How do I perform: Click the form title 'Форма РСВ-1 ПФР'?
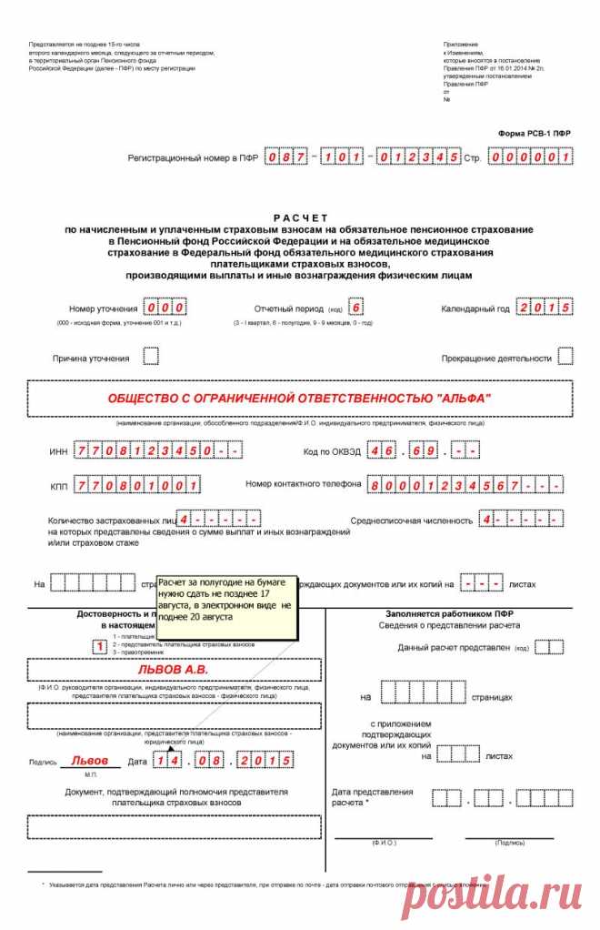click(534, 133)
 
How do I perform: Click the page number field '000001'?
click(529, 157)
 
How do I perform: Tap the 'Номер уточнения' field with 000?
click(165, 308)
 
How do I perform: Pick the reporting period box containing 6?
click(355, 308)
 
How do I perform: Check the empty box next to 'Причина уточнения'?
click(151, 356)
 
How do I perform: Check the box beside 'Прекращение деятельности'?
click(565, 356)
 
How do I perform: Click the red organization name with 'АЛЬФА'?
click(299, 399)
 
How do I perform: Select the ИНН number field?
click(158, 451)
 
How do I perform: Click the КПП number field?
click(138, 484)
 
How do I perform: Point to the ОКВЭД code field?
click(423, 451)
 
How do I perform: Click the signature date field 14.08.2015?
click(224, 760)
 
